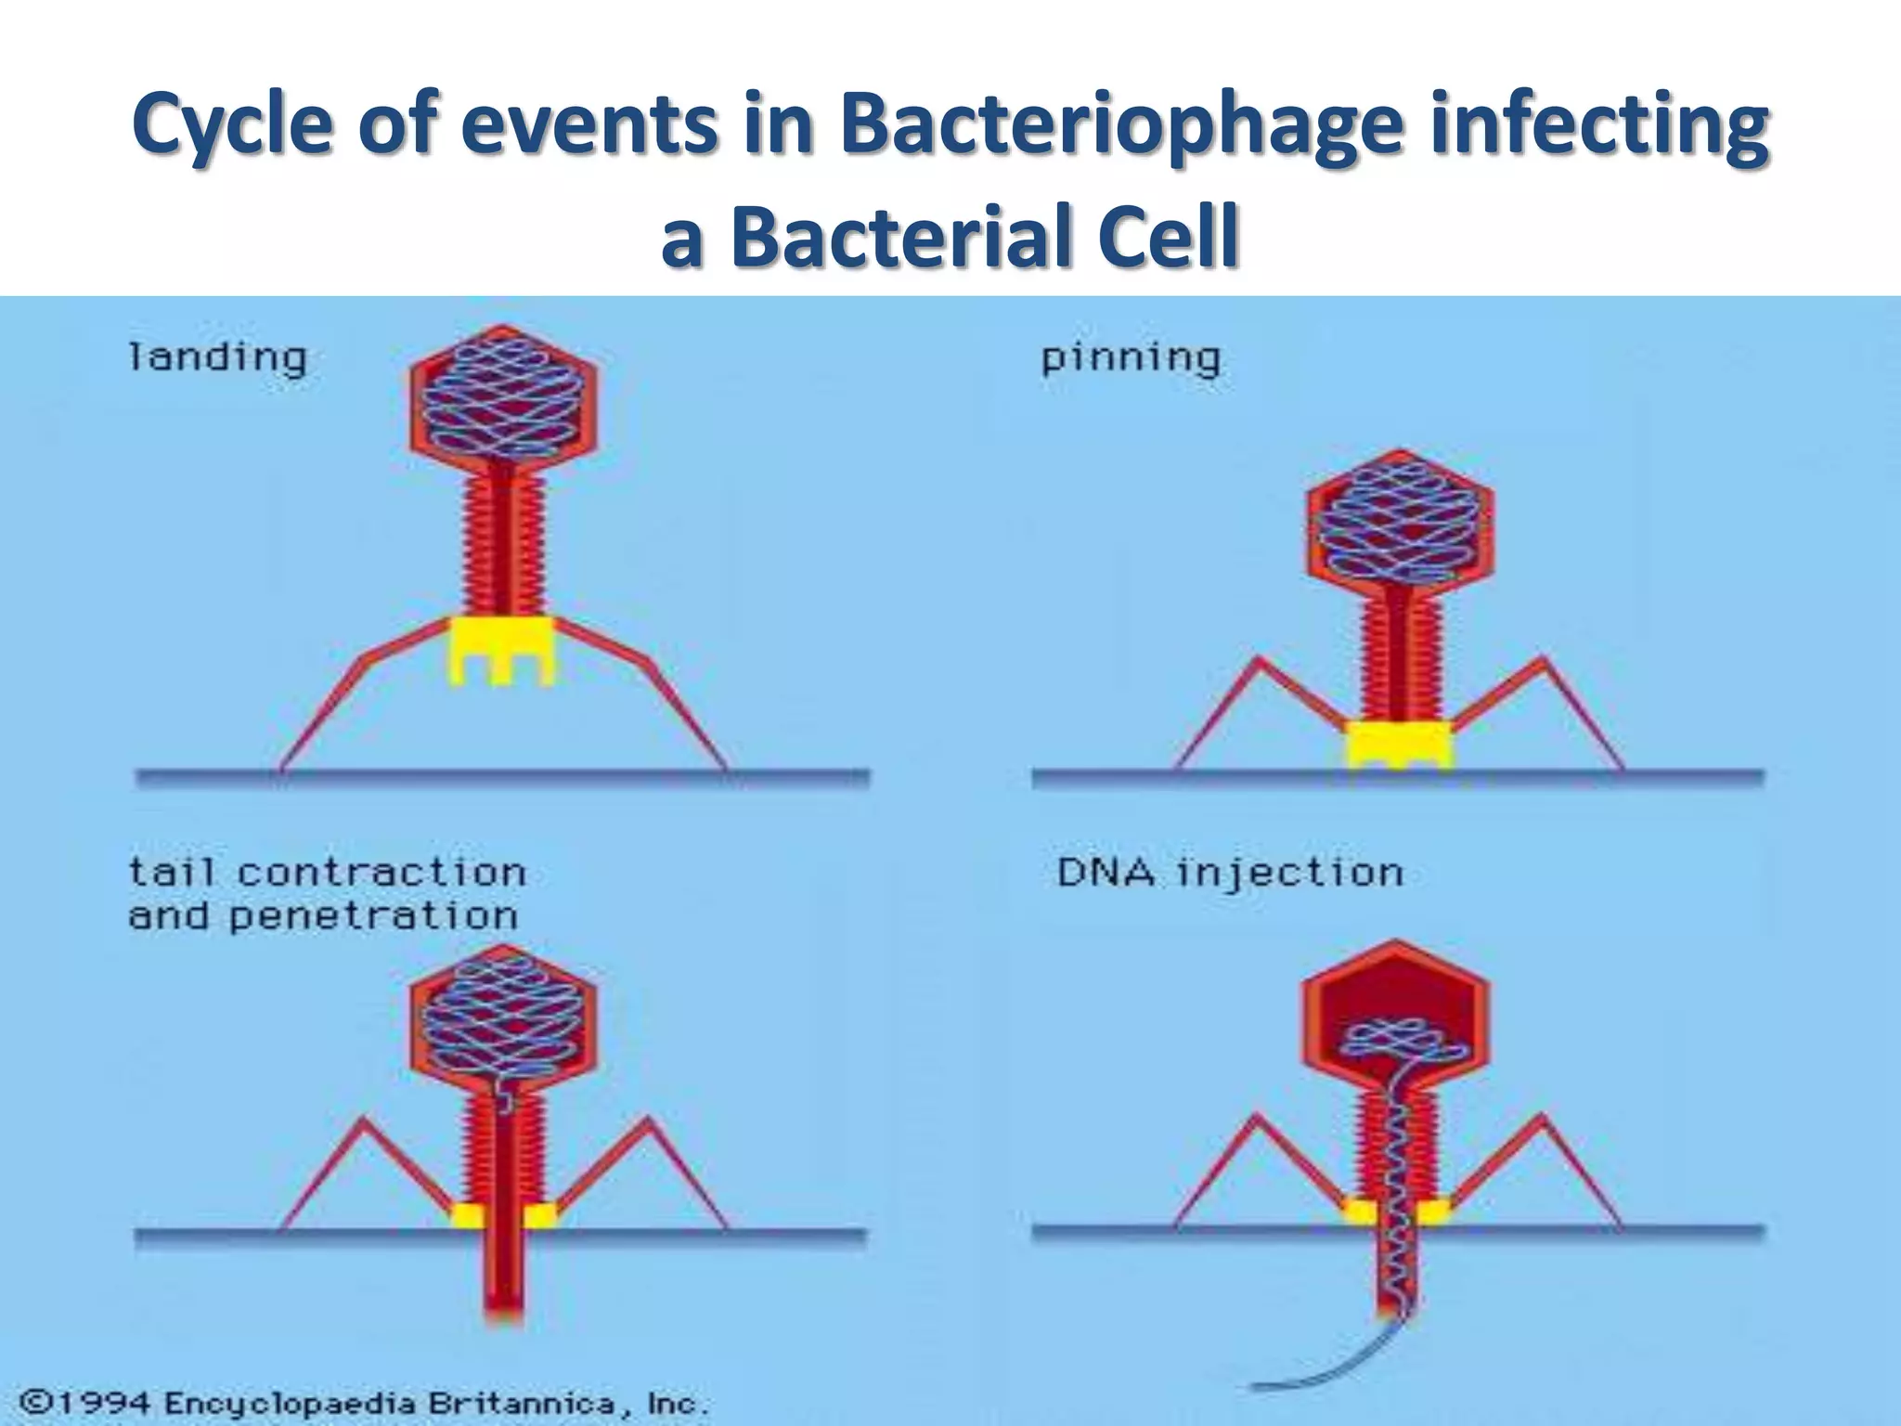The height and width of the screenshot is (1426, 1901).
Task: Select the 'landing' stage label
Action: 217,357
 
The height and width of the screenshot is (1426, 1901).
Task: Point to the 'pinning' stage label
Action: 1130,357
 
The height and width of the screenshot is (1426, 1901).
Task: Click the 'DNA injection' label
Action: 1230,873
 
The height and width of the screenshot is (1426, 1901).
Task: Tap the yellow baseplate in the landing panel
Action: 501,649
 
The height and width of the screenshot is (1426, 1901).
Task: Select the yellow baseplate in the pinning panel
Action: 1400,743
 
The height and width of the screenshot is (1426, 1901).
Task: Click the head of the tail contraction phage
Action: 502,1017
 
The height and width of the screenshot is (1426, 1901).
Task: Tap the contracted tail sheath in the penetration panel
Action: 502,1151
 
